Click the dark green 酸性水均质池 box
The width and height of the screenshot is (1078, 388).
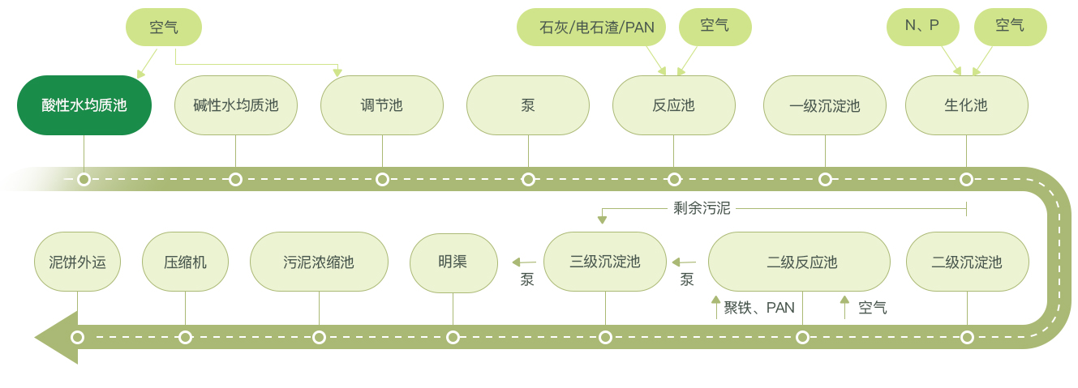84,105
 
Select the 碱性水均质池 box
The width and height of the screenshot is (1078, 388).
236,105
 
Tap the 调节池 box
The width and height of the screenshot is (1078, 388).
382,105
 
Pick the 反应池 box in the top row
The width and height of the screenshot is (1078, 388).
674,105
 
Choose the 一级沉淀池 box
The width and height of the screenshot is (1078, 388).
825,105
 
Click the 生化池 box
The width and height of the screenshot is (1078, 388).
966,105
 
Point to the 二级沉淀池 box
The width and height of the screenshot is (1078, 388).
967,262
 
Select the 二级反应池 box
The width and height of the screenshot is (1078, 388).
799,262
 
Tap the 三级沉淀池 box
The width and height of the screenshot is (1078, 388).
605,262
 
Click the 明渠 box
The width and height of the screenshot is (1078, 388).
453,262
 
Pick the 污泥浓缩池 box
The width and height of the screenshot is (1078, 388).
319,262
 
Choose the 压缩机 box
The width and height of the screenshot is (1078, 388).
185,262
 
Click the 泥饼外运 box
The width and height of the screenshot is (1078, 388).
78,262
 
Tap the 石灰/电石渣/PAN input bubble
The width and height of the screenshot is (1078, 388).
591,28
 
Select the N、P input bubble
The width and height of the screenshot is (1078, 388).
922,27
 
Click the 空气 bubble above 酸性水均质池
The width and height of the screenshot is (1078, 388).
163,28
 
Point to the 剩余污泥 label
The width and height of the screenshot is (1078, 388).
702,209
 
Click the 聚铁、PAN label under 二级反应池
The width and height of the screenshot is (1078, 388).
759,308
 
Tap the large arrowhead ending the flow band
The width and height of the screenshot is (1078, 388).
55,337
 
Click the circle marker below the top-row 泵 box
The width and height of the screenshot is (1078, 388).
528,179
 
